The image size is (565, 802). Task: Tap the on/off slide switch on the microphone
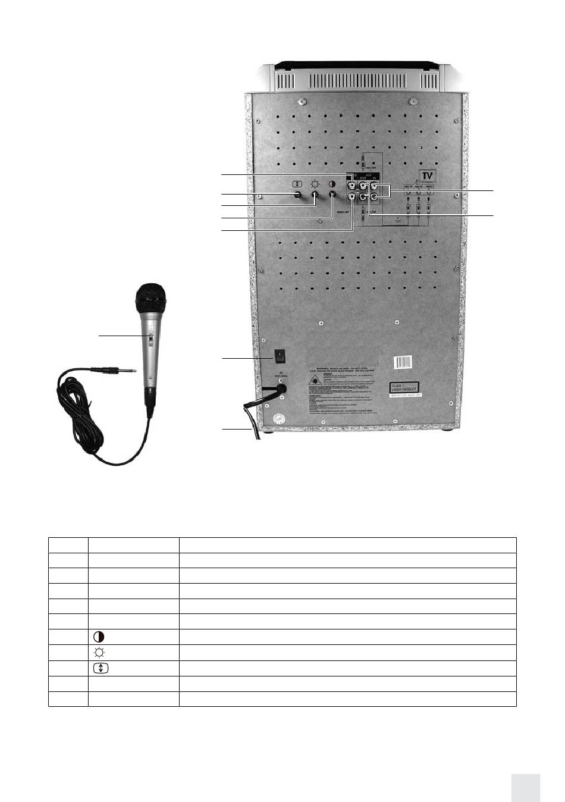150,340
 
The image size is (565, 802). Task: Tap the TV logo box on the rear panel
426,176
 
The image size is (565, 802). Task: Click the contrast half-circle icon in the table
99,637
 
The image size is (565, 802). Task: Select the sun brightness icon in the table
99,652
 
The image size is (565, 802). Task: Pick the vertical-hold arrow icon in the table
101,668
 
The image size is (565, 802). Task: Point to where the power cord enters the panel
281,389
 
